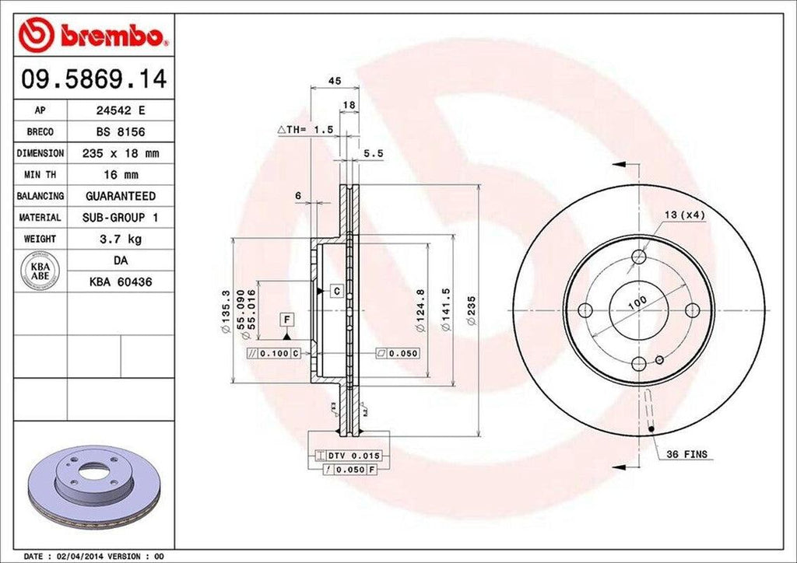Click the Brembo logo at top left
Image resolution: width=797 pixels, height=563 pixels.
coord(93,36)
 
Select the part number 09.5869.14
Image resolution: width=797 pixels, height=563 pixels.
coord(93,79)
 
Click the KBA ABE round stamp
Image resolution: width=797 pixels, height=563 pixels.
coord(41,271)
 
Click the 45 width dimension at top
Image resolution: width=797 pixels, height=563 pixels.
coord(335,80)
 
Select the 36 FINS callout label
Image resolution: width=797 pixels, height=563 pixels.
coord(686,453)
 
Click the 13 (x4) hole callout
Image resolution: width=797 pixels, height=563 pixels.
coord(684,215)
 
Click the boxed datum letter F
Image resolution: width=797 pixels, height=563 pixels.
coord(287,320)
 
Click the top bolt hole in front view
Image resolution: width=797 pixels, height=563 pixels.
coord(639,257)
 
